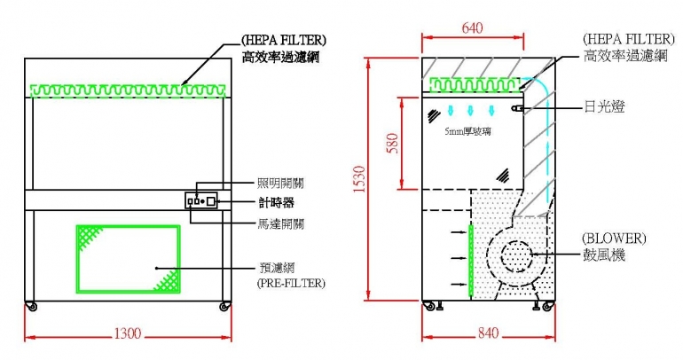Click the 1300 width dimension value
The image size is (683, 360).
pyautogui.click(x=128, y=333)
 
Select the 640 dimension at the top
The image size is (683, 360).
pyautogui.click(x=473, y=27)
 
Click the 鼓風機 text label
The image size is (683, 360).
pyautogui.click(x=603, y=255)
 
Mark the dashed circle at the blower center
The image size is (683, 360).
pyautogui.click(x=514, y=256)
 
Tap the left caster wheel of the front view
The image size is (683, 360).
pyautogui.click(x=33, y=307)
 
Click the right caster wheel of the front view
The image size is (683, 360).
pyautogui.click(x=223, y=307)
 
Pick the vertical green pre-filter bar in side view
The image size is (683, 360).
pyautogui.click(x=471, y=257)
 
